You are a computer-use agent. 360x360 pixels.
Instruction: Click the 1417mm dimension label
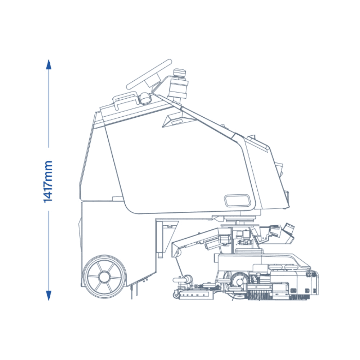pos(48,181)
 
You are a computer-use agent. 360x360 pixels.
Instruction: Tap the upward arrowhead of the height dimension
pos(49,64)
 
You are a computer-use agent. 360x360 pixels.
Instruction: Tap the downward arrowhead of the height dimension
pos(49,296)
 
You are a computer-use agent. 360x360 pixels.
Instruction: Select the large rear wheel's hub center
pos(104,276)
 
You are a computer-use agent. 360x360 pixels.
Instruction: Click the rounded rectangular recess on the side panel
pos(237,201)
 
